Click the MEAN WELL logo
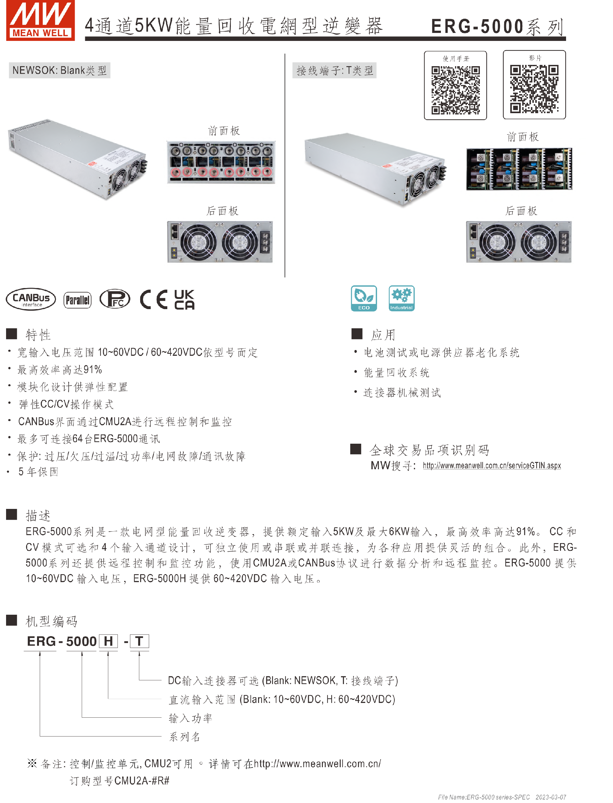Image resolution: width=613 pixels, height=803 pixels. [x=40, y=20]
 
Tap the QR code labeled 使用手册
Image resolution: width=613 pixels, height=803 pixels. [x=455, y=90]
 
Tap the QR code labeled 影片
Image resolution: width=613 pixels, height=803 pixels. [x=534, y=89]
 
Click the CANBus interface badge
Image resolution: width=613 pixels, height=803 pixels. [x=31, y=299]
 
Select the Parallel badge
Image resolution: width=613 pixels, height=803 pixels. [x=77, y=300]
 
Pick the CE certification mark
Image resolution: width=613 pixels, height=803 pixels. [x=154, y=300]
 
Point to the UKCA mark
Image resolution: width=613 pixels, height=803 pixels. [x=184, y=300]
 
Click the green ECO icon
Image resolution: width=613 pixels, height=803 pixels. [x=363, y=298]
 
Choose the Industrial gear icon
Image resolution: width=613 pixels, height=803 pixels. [x=401, y=298]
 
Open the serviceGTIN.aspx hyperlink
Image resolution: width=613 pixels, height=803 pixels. [x=491, y=465]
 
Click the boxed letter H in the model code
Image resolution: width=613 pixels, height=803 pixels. [x=108, y=641]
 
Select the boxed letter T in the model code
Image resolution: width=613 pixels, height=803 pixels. [x=139, y=641]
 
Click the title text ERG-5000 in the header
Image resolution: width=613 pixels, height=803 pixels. [x=477, y=26]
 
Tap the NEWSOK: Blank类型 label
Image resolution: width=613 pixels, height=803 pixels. [x=59, y=70]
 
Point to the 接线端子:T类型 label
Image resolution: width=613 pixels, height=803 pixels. [x=334, y=70]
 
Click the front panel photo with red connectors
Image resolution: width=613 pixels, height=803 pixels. [x=221, y=162]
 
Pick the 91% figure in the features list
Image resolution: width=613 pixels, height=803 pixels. [x=93, y=369]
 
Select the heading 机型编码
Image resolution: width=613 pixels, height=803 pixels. [x=51, y=621]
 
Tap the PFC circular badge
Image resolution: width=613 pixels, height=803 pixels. [x=115, y=299]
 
